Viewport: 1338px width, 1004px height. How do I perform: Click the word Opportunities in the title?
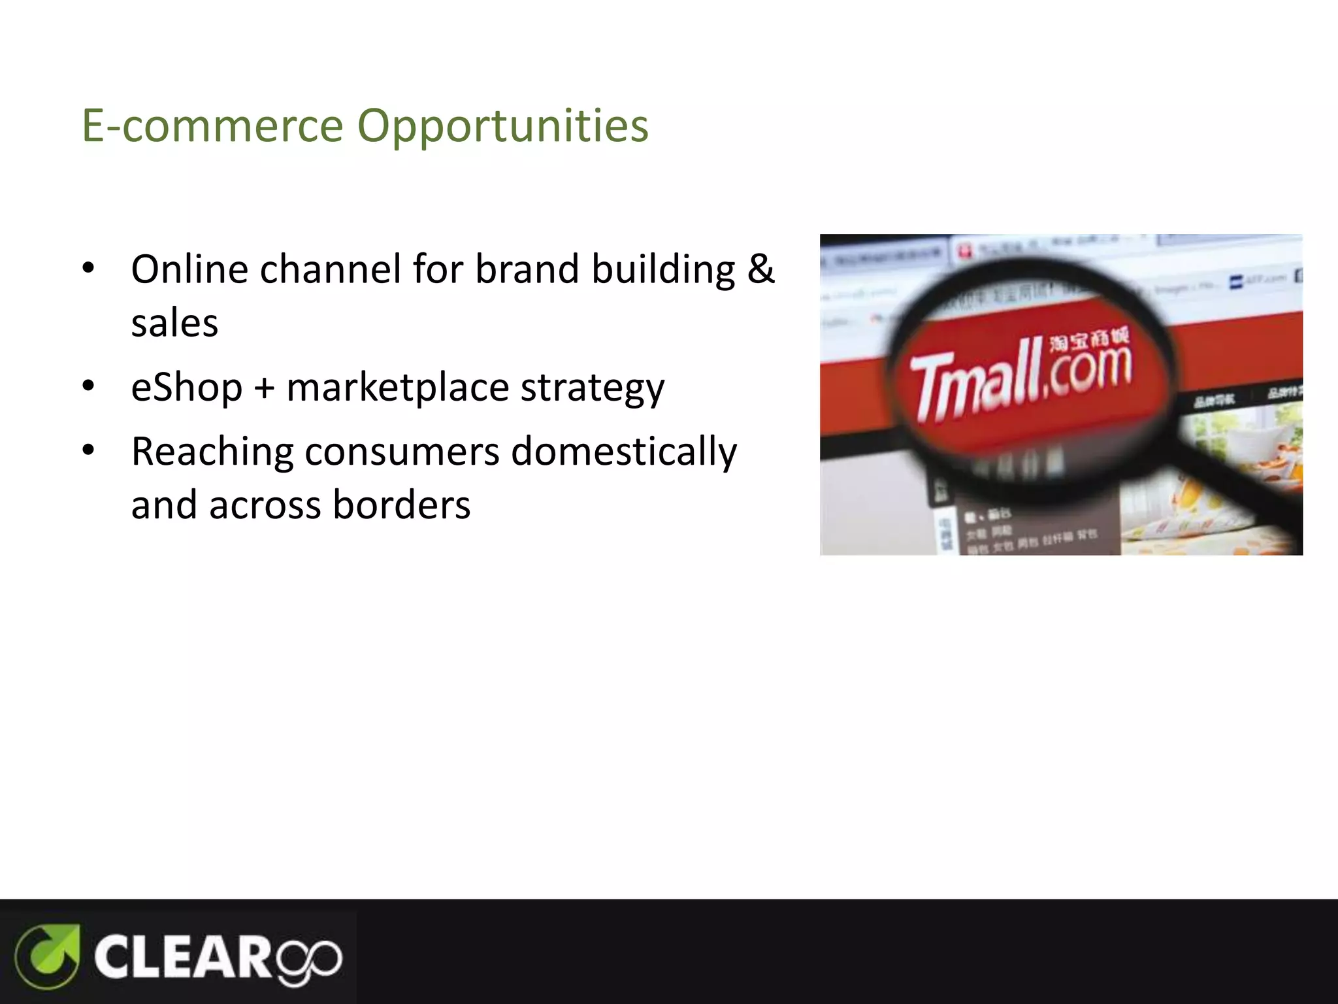point(503,125)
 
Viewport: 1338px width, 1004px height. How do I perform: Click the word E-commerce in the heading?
point(212,125)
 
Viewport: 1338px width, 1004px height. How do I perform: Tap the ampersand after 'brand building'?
point(760,269)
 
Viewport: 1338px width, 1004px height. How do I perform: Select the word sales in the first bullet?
point(174,323)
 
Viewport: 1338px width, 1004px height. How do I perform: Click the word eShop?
point(187,387)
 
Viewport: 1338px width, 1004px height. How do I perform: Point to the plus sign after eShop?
point(264,388)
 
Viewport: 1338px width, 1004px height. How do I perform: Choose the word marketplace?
point(397,387)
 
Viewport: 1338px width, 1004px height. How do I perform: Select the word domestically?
point(623,452)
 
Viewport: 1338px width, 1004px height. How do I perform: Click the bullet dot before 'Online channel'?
point(89,268)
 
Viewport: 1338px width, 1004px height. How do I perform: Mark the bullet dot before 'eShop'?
point(89,386)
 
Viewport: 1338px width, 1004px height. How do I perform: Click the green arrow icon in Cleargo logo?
point(48,956)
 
